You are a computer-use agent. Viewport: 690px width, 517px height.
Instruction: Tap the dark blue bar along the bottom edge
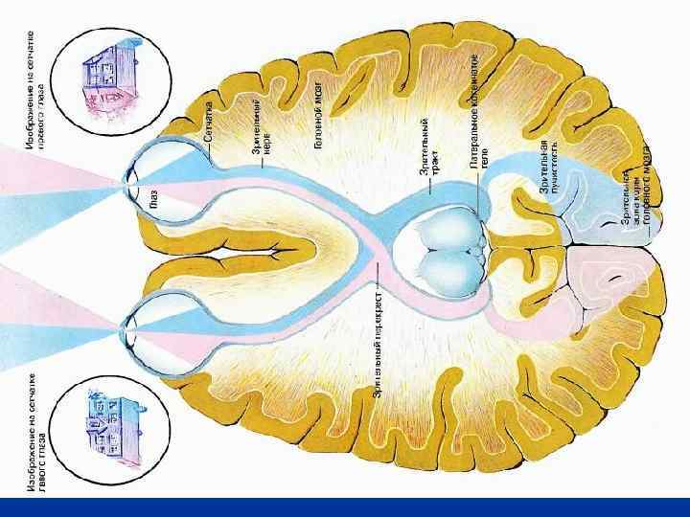coord(345,507)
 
